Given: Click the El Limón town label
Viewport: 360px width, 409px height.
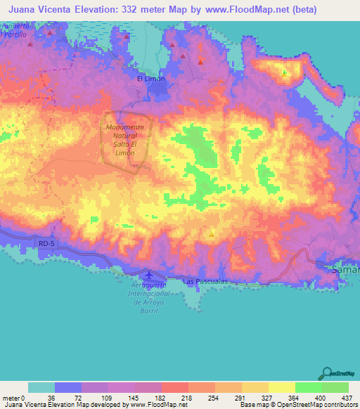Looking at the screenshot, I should tap(150, 79).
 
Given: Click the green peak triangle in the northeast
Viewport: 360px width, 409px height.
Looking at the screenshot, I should tap(284, 72).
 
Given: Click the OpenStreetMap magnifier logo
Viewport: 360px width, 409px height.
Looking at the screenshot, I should tap(328, 372).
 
